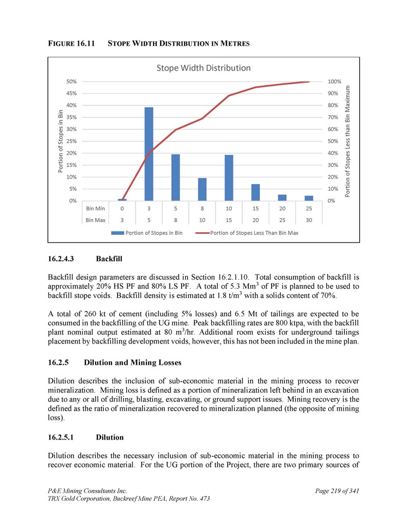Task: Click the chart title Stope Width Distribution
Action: coord(203,68)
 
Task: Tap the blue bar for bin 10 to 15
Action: coord(229,177)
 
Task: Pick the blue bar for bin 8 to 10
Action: coord(202,189)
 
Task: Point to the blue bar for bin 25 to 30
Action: coord(309,198)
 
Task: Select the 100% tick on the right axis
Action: coord(335,81)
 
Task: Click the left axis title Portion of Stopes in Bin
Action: coord(61,141)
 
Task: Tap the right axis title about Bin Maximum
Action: coord(348,141)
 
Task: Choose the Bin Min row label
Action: coord(96,208)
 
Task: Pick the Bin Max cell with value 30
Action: coord(309,220)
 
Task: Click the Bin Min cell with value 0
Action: coord(122,208)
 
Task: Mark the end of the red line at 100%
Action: coord(309,81)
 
